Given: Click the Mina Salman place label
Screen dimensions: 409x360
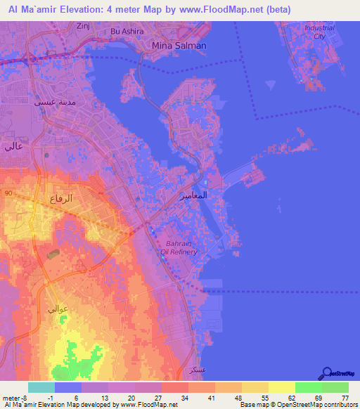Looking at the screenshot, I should [x=179, y=45].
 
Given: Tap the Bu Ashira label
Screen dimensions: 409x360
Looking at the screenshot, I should [x=127, y=32].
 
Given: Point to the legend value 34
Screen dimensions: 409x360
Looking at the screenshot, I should [x=184, y=398].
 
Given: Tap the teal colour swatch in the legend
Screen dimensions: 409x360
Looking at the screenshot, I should [x=41, y=387].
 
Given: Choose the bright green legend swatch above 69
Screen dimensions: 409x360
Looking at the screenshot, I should [x=308, y=387].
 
